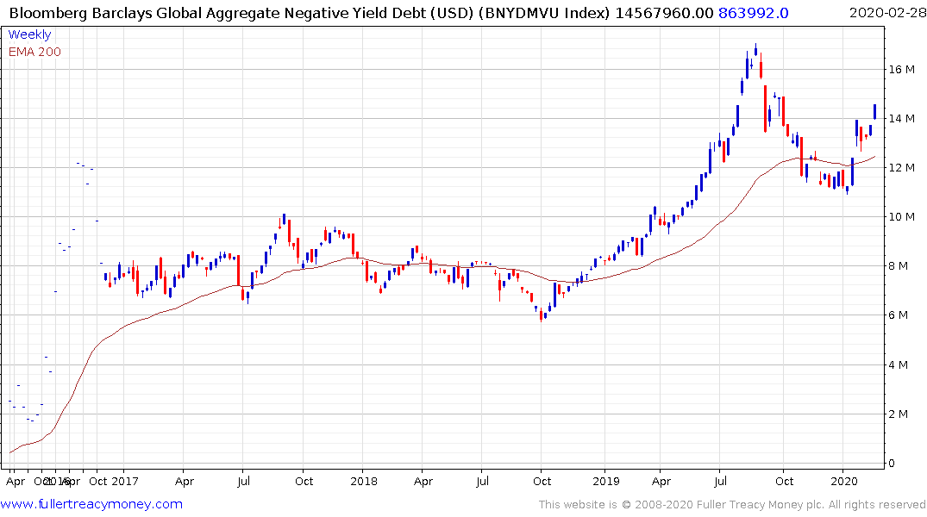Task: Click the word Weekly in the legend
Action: tap(29, 34)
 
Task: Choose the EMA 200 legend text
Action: tap(34, 52)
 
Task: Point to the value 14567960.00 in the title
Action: tap(664, 12)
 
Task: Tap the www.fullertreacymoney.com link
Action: tap(92, 504)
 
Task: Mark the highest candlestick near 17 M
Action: tap(755, 51)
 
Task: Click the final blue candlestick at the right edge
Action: tap(874, 111)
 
